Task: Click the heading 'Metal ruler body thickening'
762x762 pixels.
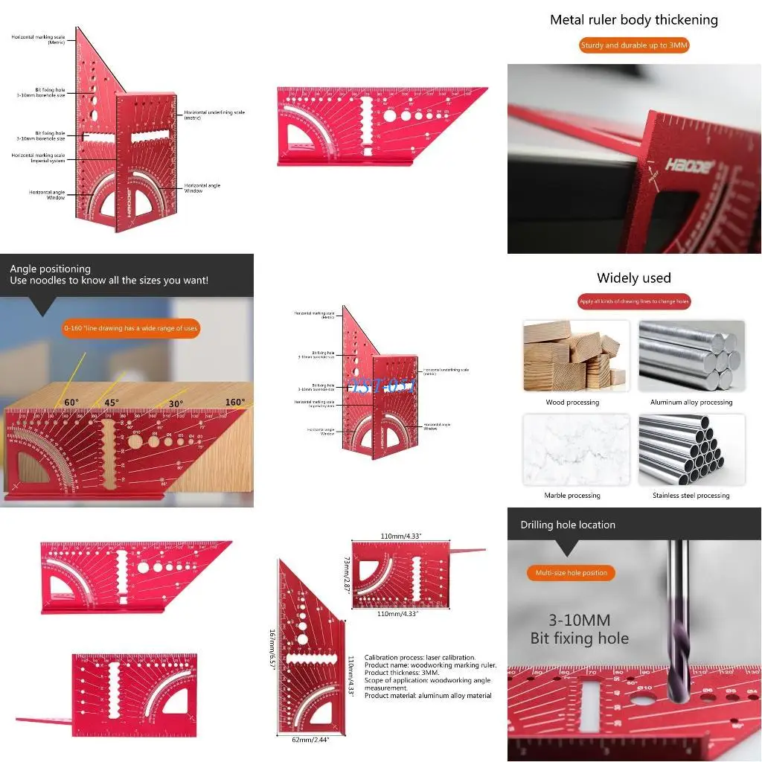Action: coord(634,20)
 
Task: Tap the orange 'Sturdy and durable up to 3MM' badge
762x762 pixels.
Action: coord(634,45)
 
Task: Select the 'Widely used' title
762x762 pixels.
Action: coord(634,278)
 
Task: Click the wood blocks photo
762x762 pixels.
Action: coord(576,356)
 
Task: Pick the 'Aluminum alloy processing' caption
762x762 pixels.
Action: coord(691,403)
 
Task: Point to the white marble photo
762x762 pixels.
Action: coord(576,449)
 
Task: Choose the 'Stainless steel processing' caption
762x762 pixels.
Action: coord(691,496)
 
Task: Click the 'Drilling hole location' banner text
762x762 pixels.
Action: coord(568,525)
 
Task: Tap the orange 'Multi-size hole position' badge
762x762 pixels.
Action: coord(571,572)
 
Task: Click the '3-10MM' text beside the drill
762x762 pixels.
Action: coord(580,621)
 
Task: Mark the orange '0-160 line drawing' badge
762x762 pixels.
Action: coord(131,328)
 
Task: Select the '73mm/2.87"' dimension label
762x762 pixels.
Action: coord(346,574)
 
